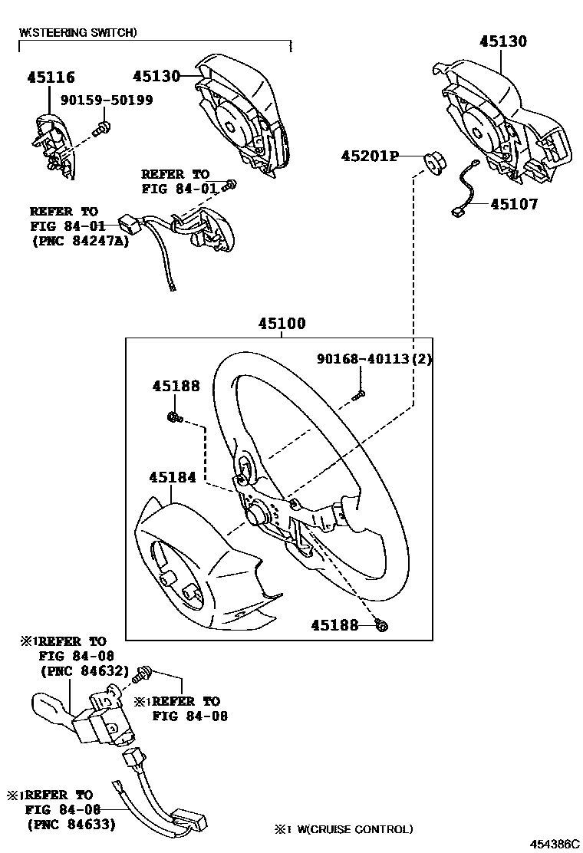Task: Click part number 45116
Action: (x=51, y=77)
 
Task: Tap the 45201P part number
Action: (x=371, y=156)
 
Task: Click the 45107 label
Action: (x=515, y=205)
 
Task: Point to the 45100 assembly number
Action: (x=281, y=324)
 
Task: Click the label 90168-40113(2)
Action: (x=374, y=359)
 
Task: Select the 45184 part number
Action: (x=173, y=477)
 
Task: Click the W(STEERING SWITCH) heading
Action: (x=78, y=32)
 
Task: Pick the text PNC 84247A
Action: (x=81, y=241)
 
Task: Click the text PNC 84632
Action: (x=84, y=670)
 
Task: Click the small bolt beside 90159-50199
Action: (x=100, y=130)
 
